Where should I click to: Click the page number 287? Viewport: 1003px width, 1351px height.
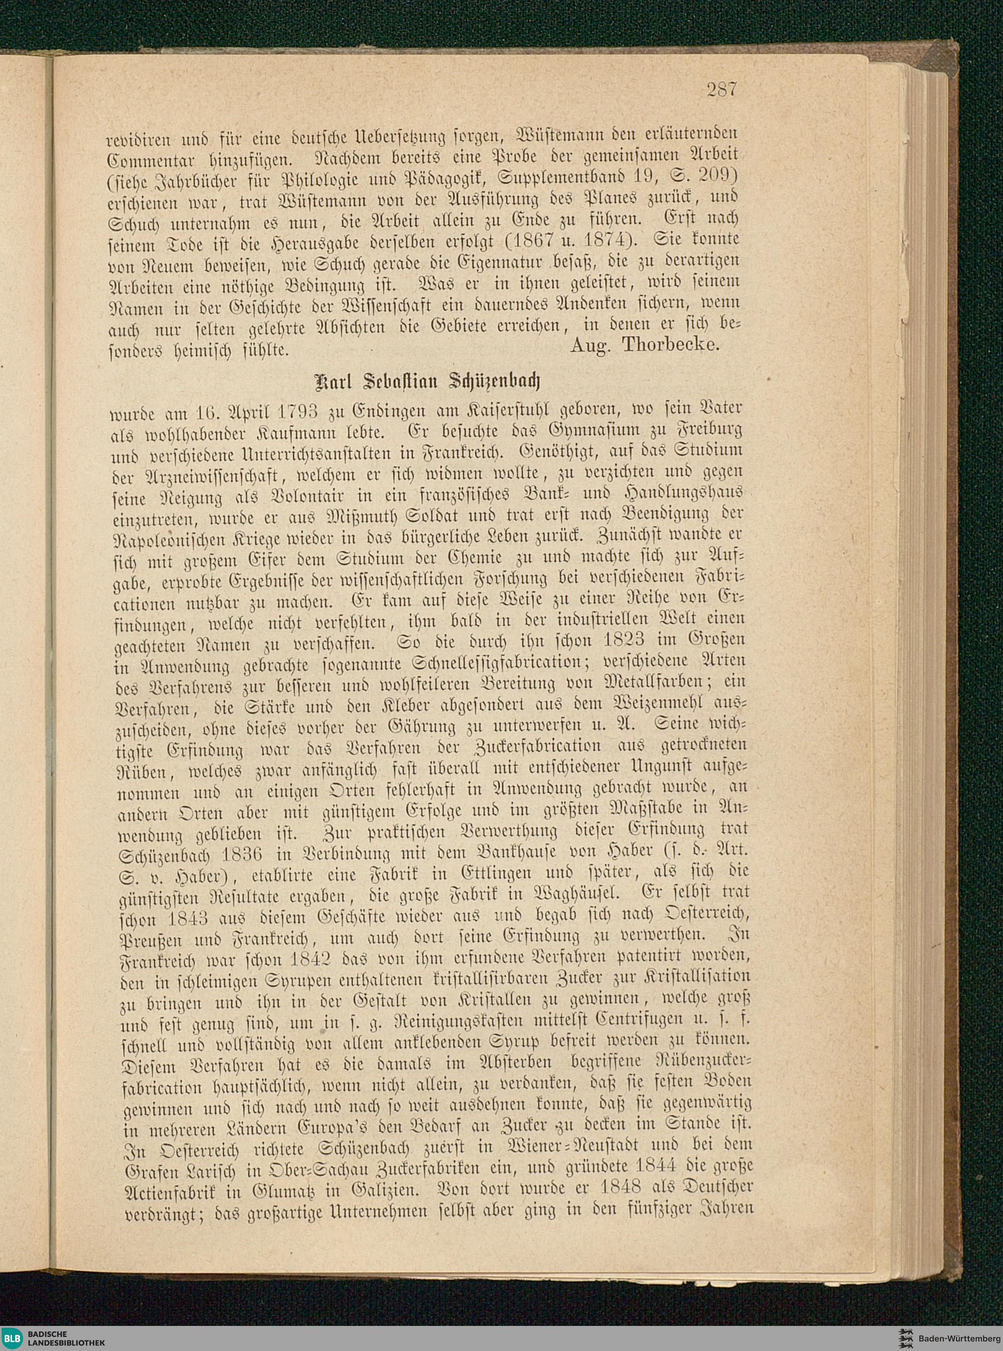[x=721, y=90]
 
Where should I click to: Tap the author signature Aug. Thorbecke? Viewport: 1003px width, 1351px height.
[x=645, y=345]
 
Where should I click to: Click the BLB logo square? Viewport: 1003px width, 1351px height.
[x=12, y=1336]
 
